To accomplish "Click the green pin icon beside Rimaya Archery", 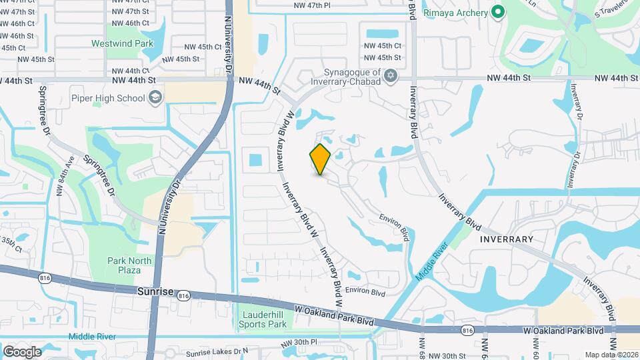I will coord(497,12).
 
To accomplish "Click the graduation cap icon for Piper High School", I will coord(155,99).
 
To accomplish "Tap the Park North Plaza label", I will coord(124,265).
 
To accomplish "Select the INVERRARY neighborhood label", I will coord(507,239).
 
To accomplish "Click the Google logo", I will coord(22,351).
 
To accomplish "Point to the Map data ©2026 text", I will coord(611,355).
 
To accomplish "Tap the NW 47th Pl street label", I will coord(312,5).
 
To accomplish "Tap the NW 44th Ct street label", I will coord(131,70).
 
